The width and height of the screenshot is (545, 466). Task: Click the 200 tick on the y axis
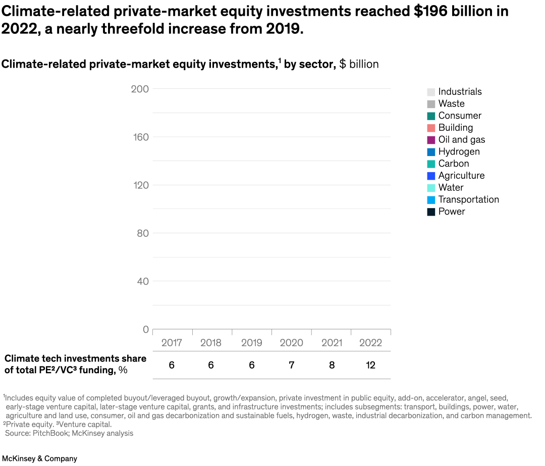(x=140, y=89)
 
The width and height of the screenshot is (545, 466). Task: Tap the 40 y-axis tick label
(x=142, y=281)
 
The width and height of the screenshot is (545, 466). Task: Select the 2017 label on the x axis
(x=172, y=343)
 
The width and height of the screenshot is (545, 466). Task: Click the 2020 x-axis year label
(x=291, y=343)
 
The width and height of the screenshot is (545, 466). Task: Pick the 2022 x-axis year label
(x=370, y=343)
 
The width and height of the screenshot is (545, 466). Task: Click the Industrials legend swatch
(x=431, y=92)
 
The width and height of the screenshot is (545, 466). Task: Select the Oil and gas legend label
(x=461, y=140)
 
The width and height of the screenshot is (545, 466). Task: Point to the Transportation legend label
(x=468, y=199)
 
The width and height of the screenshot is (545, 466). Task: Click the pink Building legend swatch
(x=431, y=128)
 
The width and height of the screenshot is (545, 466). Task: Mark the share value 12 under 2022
(x=370, y=365)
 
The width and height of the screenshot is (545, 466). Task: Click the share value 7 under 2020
(x=291, y=365)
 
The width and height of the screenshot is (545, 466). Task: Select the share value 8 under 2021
(x=332, y=365)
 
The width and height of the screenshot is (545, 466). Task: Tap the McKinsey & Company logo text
(x=40, y=458)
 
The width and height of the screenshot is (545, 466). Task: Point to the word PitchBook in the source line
(x=49, y=433)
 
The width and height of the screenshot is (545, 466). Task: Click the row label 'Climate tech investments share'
(x=75, y=358)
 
